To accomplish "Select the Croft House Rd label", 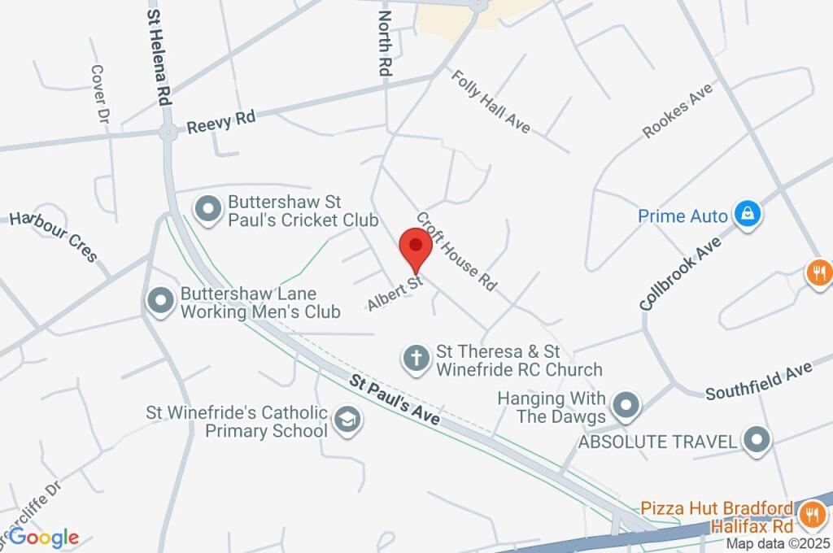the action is click(x=456, y=251).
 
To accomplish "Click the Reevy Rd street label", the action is click(x=220, y=123).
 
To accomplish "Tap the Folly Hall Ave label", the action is click(x=491, y=101).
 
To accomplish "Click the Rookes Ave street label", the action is click(x=677, y=111).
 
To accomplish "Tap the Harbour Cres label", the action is click(x=53, y=237).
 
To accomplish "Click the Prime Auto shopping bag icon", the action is click(x=746, y=216).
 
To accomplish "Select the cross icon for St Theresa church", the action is click(x=416, y=358).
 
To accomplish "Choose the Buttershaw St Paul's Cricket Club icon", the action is click(x=210, y=209).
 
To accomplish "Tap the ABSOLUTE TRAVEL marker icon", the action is click(x=758, y=441).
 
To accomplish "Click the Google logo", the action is click(x=44, y=537).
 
